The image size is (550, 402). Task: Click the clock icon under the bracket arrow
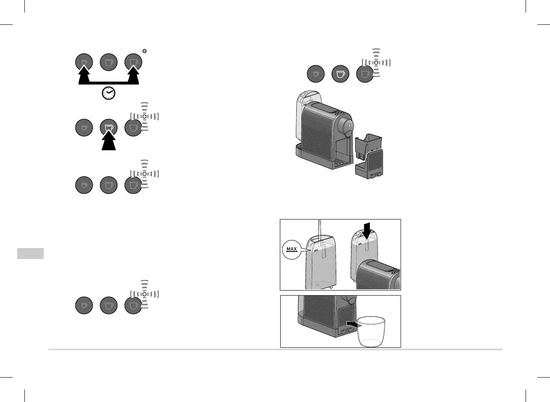(109, 93)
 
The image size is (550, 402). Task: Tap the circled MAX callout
(292, 249)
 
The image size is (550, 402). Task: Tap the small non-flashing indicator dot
(144, 51)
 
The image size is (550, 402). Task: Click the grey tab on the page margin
(31, 254)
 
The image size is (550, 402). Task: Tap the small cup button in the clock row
(84, 63)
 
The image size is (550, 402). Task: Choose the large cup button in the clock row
(133, 63)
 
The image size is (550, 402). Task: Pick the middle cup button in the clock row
(109, 63)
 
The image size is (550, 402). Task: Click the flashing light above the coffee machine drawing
(376, 62)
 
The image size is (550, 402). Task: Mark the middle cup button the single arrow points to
(109, 127)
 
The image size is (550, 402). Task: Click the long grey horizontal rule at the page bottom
(275, 349)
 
